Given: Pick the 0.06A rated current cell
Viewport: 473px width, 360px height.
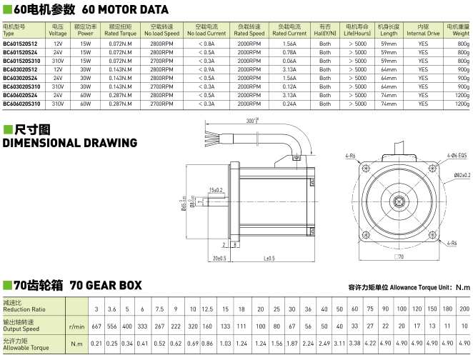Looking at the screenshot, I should [289, 61].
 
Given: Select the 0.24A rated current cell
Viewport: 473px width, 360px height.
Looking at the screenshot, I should [289, 104].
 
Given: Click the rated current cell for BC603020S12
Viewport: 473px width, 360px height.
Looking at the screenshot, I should [289, 69].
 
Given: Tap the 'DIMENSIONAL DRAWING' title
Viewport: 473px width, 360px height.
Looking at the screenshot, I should [70, 143].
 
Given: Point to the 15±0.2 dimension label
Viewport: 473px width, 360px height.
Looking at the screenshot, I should [215, 190].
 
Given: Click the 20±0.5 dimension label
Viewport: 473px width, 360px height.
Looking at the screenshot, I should [219, 258].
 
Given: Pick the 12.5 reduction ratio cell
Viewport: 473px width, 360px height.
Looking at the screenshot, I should [207, 309].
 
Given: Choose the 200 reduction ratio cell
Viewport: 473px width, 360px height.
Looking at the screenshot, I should [464, 309].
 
